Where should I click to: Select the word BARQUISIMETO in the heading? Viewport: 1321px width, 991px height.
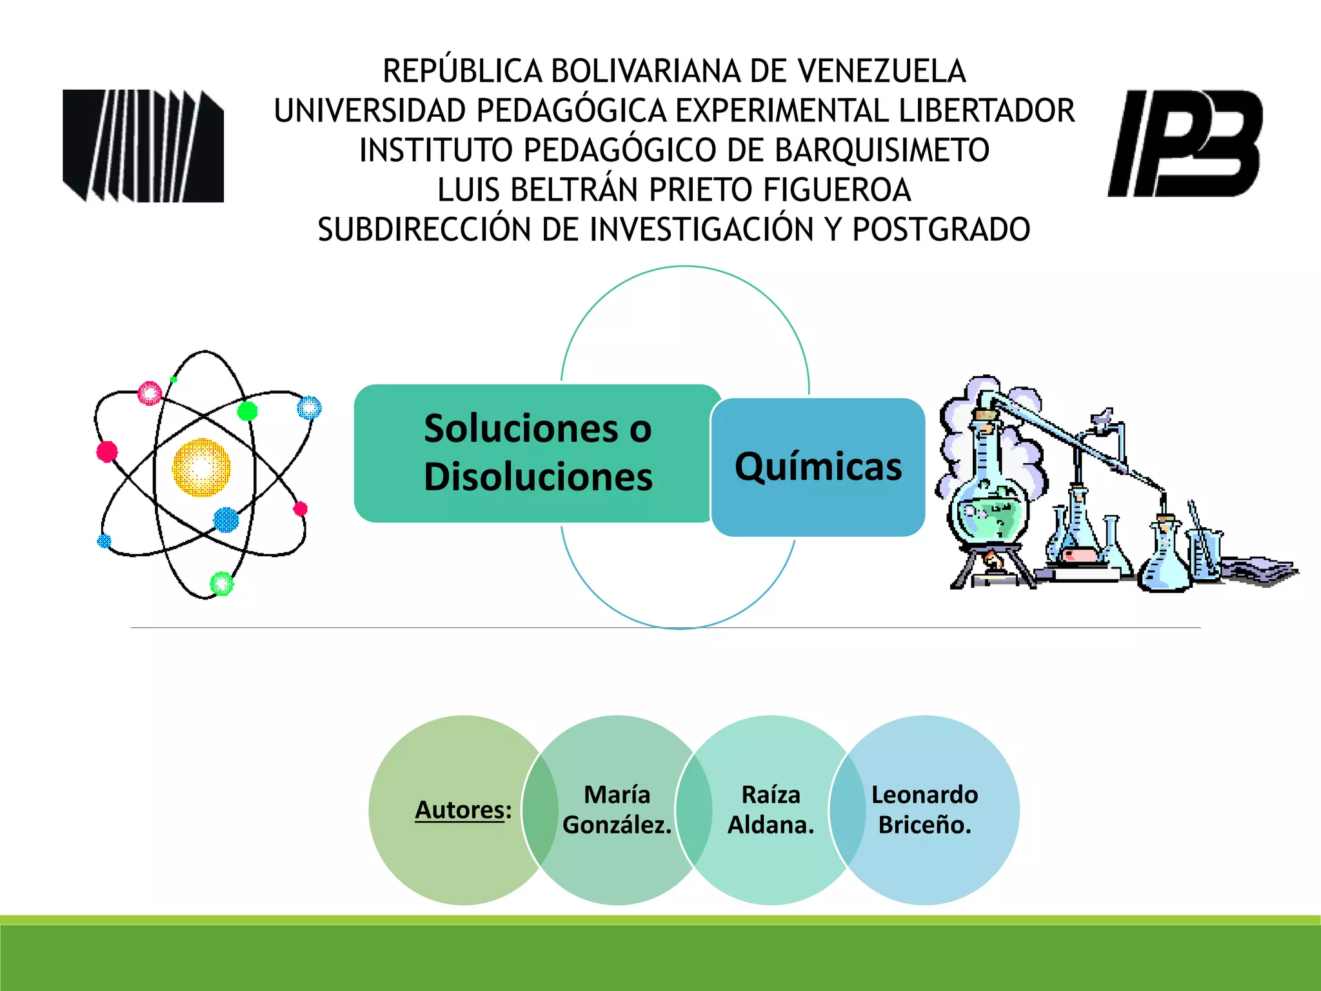(x=882, y=150)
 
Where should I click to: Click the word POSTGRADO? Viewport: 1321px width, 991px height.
(x=941, y=230)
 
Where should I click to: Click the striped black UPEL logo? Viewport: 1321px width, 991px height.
(x=143, y=146)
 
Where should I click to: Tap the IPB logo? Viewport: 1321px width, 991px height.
(x=1185, y=143)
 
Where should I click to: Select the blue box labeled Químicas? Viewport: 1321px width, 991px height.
(x=818, y=467)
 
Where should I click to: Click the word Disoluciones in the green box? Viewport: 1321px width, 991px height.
(x=538, y=477)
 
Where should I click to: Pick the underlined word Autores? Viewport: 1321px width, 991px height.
(x=459, y=810)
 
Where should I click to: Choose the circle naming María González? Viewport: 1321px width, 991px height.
(x=617, y=810)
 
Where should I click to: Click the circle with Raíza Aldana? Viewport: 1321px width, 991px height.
(x=771, y=810)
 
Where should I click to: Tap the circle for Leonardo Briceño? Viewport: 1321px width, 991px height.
(x=924, y=810)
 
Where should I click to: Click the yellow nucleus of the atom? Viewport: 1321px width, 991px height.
(x=201, y=468)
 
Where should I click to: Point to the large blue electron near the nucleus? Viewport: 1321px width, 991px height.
(x=226, y=519)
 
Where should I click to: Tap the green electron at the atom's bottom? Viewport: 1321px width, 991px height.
(x=221, y=583)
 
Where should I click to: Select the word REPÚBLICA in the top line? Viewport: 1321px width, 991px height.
(x=462, y=71)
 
